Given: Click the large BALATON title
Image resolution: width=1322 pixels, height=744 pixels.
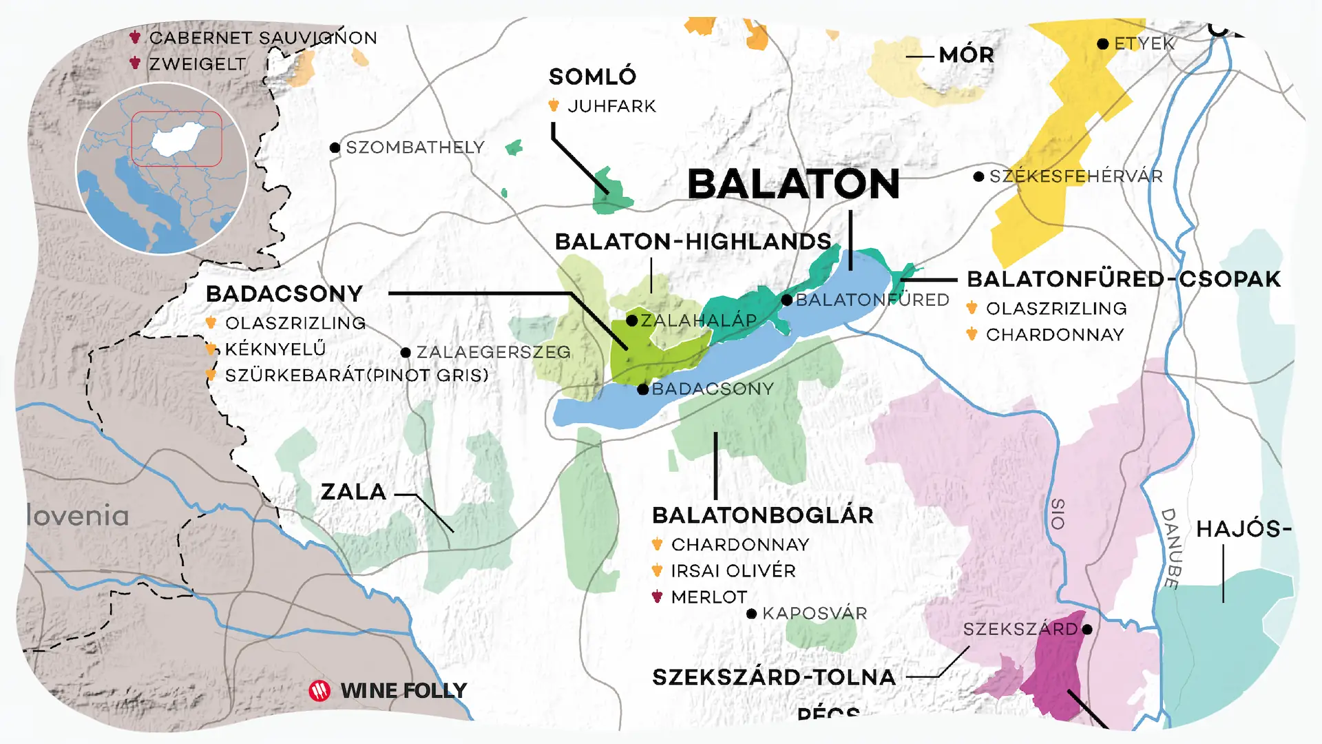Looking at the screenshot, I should click(793, 185).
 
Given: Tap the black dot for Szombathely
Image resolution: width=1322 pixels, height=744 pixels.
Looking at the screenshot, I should click(335, 147).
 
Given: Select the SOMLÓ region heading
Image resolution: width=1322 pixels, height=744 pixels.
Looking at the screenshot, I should click(592, 77).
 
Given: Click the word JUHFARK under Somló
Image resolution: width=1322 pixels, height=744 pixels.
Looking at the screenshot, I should click(611, 106).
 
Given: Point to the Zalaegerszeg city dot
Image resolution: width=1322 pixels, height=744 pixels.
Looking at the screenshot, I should click(406, 353).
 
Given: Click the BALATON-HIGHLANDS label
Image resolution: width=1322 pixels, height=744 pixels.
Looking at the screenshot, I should click(693, 242).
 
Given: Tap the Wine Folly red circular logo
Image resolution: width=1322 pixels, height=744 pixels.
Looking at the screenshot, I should click(319, 690).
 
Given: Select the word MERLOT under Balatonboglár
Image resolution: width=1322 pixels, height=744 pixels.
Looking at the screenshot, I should click(709, 597).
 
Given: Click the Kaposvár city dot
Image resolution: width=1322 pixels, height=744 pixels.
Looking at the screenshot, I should click(752, 613).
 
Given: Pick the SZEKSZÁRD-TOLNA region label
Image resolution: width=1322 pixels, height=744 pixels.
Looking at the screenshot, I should click(773, 677).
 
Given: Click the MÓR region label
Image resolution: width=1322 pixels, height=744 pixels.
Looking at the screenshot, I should click(966, 55).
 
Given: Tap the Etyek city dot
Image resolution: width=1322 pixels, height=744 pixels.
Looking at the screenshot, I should click(1102, 44).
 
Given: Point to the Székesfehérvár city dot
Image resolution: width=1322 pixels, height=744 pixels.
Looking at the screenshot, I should click(978, 177).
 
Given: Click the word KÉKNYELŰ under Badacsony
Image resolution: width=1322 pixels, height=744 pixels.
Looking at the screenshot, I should click(275, 349).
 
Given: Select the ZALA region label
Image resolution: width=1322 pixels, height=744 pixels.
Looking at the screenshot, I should click(353, 492).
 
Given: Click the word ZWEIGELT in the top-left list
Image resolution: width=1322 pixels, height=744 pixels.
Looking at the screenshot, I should click(198, 64).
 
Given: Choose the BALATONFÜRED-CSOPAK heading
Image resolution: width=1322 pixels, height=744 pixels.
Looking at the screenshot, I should click(1124, 279).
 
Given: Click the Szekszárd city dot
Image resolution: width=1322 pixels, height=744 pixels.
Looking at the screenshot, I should click(1087, 629).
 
